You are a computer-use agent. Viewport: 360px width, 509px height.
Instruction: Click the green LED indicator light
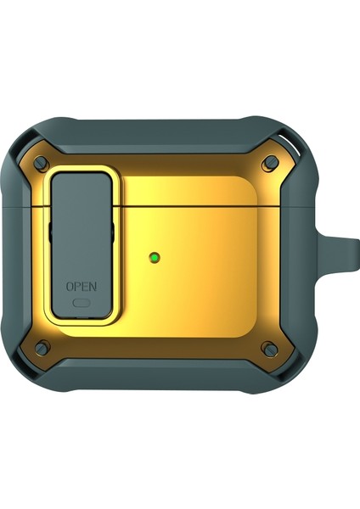(x=155, y=258)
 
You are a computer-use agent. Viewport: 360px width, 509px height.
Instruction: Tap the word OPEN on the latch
(x=82, y=287)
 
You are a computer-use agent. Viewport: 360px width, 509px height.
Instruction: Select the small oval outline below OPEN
(x=82, y=303)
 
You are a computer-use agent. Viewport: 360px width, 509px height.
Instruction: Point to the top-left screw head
(x=41, y=161)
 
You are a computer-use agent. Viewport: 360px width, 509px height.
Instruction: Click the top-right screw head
(x=270, y=161)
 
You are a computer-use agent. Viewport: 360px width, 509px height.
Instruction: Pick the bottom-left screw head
(x=42, y=349)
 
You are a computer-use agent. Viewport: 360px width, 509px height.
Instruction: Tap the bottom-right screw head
(x=270, y=349)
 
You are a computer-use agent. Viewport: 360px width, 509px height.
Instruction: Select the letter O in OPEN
(x=70, y=287)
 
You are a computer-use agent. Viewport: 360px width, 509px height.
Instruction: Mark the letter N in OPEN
(x=93, y=287)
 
